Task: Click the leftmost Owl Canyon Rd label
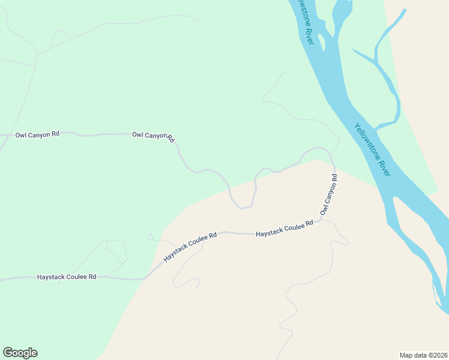[x=37, y=134]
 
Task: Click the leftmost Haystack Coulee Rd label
[x=67, y=277]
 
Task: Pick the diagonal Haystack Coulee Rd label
[x=190, y=247]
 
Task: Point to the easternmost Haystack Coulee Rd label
[x=285, y=228]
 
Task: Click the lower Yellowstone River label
[x=372, y=149]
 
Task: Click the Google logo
[x=20, y=353]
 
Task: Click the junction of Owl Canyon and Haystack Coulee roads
[x=321, y=220]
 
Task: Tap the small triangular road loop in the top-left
[x=58, y=40]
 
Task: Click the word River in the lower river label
[x=382, y=164]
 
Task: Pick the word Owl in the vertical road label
[x=324, y=210]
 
